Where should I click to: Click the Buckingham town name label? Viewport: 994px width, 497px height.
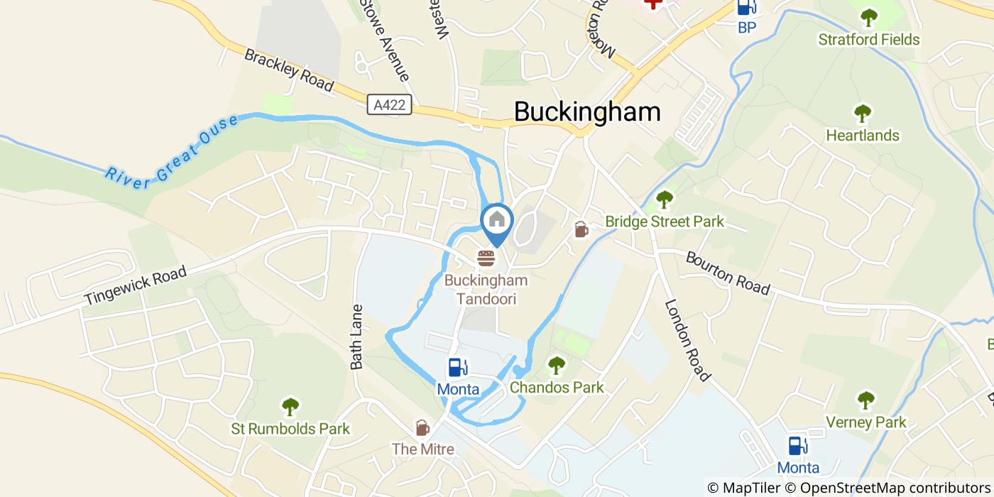[586, 111]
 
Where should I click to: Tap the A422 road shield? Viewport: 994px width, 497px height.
[390, 105]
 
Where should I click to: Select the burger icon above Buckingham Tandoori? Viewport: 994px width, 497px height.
[486, 258]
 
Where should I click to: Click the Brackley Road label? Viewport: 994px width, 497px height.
[288, 70]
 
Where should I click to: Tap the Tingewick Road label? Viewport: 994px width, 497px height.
[135, 285]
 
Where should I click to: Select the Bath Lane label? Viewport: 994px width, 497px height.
[357, 337]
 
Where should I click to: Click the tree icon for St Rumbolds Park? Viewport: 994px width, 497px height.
[290, 407]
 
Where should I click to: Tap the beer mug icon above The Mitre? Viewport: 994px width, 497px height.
[422, 427]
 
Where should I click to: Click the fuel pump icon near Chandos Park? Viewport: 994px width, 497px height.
[457, 368]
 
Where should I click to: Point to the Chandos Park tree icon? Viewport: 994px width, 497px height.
[557, 366]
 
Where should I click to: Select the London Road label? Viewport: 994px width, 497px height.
[687, 340]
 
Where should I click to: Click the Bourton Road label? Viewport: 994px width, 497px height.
[728, 273]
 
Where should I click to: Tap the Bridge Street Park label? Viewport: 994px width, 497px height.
[665, 222]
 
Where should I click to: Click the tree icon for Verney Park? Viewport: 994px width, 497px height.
[865, 400]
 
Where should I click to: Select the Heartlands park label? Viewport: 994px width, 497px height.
[863, 135]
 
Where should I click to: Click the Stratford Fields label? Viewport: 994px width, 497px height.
[869, 39]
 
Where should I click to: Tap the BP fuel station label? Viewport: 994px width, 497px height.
[746, 28]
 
